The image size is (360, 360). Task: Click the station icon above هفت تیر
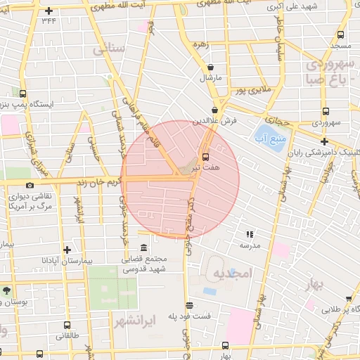(x=206, y=156)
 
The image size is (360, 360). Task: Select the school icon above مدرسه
(x=249, y=235)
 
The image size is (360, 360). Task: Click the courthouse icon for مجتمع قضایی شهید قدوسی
(x=144, y=248)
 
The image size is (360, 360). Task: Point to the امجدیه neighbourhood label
(x=232, y=273)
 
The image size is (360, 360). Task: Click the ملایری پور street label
(x=251, y=90)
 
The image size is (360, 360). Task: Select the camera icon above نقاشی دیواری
(x=30, y=185)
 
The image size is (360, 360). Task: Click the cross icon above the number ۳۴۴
(x=49, y=11)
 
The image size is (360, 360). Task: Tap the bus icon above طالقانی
(x=67, y=326)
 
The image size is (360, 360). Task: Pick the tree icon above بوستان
(x=7, y=290)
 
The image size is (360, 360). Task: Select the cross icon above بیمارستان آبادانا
(x=67, y=250)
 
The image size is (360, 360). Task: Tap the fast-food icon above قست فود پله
(x=188, y=305)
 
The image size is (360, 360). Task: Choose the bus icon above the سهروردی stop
(x=324, y=111)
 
